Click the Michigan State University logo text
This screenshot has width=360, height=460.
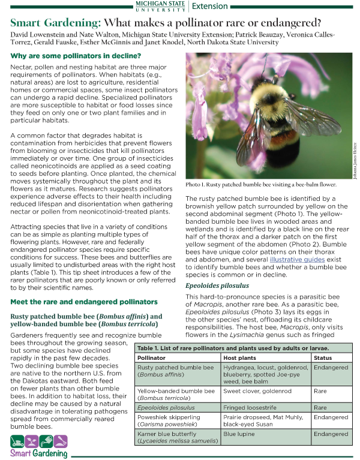pyautogui.click(x=160, y=6)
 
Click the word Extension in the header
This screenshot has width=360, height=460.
pyautogui.click(x=210, y=6)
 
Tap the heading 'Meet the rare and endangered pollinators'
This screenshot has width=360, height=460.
pyautogui.click(x=84, y=302)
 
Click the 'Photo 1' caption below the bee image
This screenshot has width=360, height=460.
pyautogui.click(x=261, y=185)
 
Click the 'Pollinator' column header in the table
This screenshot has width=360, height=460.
pyautogui.click(x=155, y=357)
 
